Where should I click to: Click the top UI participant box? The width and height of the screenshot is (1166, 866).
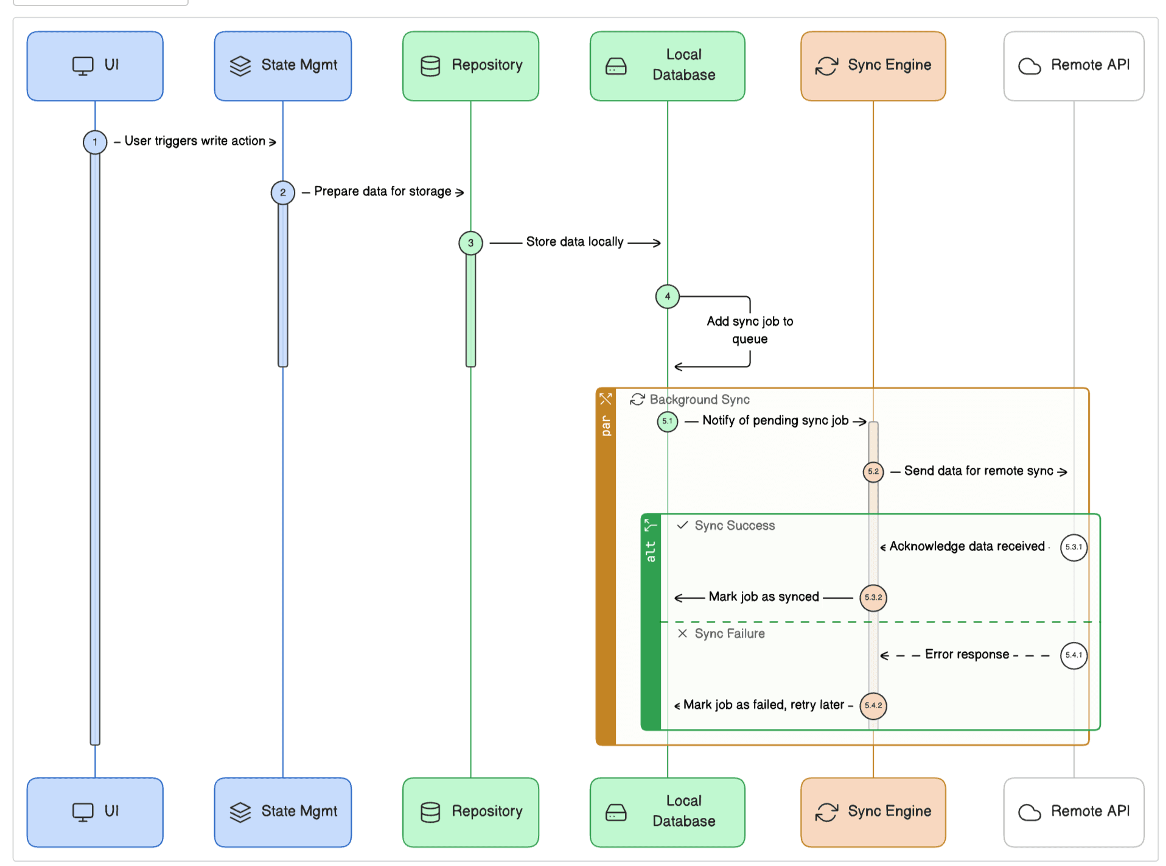95,66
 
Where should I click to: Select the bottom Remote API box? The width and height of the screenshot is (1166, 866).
1073,811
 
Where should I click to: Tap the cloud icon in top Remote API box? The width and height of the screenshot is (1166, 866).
1029,66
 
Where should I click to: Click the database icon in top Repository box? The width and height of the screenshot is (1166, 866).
430,66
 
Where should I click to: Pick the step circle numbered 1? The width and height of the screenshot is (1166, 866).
95,142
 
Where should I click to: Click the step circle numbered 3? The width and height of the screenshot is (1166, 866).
470,242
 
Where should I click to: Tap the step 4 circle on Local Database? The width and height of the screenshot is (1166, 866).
667,297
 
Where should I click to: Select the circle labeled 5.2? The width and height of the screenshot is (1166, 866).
873,471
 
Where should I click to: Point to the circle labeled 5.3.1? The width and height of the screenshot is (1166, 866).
1073,547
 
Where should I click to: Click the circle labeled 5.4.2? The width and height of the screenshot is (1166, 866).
873,705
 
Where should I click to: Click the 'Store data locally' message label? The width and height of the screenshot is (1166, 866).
574,242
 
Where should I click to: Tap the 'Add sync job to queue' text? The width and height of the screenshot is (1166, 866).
749,329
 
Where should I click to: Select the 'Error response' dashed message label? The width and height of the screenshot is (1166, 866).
966,654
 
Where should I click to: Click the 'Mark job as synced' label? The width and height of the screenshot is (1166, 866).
763,597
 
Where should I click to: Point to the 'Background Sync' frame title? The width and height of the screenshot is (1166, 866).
699,400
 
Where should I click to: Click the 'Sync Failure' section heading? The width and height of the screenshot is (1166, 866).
729,633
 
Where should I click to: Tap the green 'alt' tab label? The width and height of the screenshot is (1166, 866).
651,551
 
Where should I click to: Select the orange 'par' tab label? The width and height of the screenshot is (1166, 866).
606,426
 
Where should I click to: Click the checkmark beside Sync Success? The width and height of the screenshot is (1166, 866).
682,525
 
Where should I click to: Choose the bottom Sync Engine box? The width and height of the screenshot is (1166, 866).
873,811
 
